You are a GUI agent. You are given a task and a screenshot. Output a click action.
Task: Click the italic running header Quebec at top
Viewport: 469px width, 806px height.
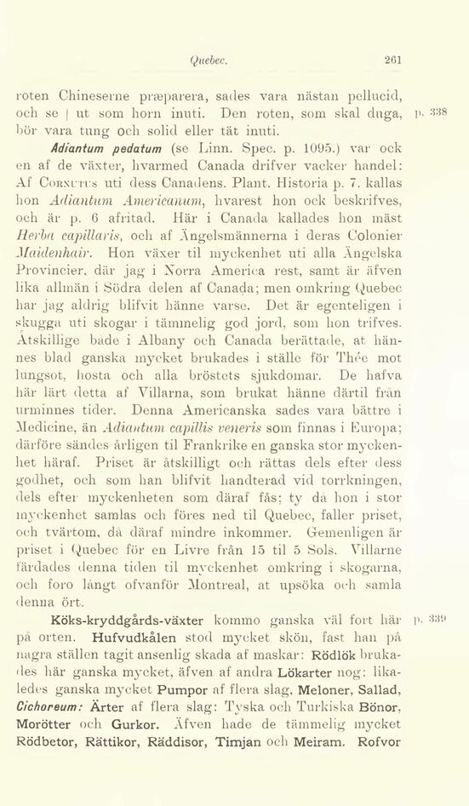tap(208, 60)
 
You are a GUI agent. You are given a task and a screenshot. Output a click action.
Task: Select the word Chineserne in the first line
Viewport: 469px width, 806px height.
tap(87, 93)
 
